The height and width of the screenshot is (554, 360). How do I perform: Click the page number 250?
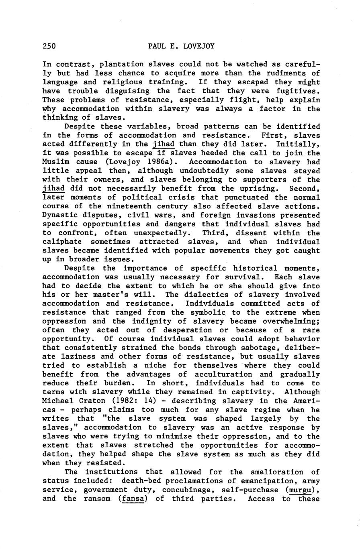(x=49, y=46)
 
